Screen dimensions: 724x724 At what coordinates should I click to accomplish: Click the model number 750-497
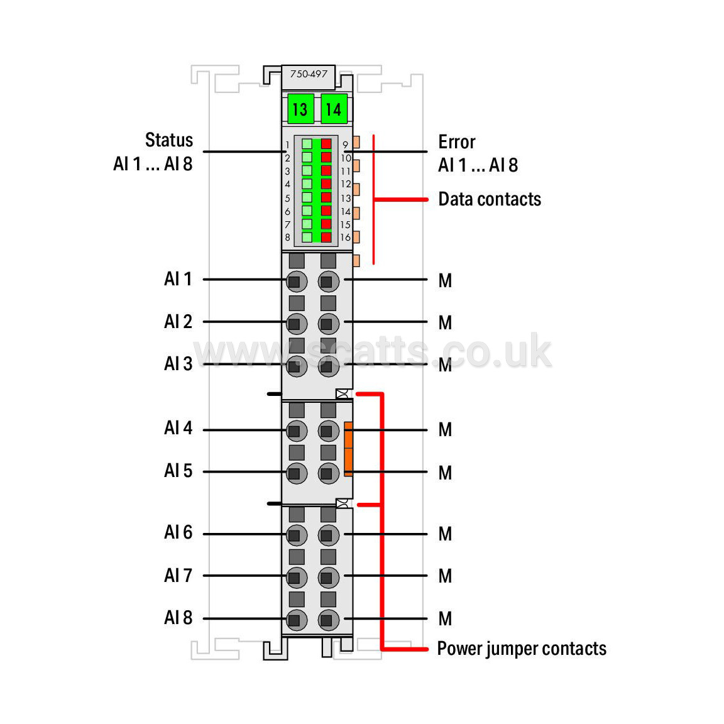coord(309,74)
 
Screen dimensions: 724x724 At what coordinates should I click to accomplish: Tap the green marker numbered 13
coord(300,109)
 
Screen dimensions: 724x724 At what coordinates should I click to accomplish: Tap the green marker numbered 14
coord(334,109)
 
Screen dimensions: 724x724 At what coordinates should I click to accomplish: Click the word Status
coord(169,140)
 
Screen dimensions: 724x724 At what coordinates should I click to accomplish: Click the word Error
coord(457,142)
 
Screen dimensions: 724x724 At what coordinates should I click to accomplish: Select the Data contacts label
coord(490,199)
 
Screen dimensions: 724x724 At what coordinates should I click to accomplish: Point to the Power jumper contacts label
coord(522,649)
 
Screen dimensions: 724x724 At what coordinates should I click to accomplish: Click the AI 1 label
coord(178,279)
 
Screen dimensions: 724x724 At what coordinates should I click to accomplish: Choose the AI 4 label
coord(178,427)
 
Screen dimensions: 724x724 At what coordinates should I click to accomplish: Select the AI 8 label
coord(178,617)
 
